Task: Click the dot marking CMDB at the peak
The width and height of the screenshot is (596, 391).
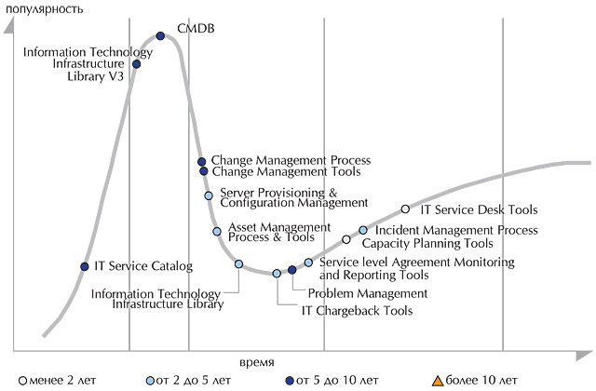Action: (160, 36)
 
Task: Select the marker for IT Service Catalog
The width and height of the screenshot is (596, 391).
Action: (85, 267)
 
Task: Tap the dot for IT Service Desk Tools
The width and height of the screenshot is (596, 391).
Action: (406, 209)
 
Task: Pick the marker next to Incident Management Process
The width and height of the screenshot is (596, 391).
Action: (363, 230)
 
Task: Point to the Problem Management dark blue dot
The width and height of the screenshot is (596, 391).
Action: (291, 270)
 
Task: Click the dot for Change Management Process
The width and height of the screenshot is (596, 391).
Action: (202, 162)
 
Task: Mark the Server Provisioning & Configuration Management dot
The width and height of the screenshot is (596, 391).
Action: (209, 195)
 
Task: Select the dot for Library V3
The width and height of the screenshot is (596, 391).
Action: (137, 64)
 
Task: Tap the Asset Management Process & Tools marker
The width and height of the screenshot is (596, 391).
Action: (217, 231)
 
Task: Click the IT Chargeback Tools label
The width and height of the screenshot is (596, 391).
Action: (357, 311)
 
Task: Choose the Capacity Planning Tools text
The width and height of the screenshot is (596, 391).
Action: (427, 243)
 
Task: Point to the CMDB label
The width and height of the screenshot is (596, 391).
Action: (196, 29)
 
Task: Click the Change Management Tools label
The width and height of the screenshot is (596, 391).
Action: (286, 171)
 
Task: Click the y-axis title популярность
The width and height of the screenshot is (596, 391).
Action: (44, 8)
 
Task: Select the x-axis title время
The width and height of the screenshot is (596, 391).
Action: (257, 362)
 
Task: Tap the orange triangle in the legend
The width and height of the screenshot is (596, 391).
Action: (438, 381)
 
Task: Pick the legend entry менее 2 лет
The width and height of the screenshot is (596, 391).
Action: (58, 380)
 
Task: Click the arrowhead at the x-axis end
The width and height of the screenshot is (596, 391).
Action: (584, 356)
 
